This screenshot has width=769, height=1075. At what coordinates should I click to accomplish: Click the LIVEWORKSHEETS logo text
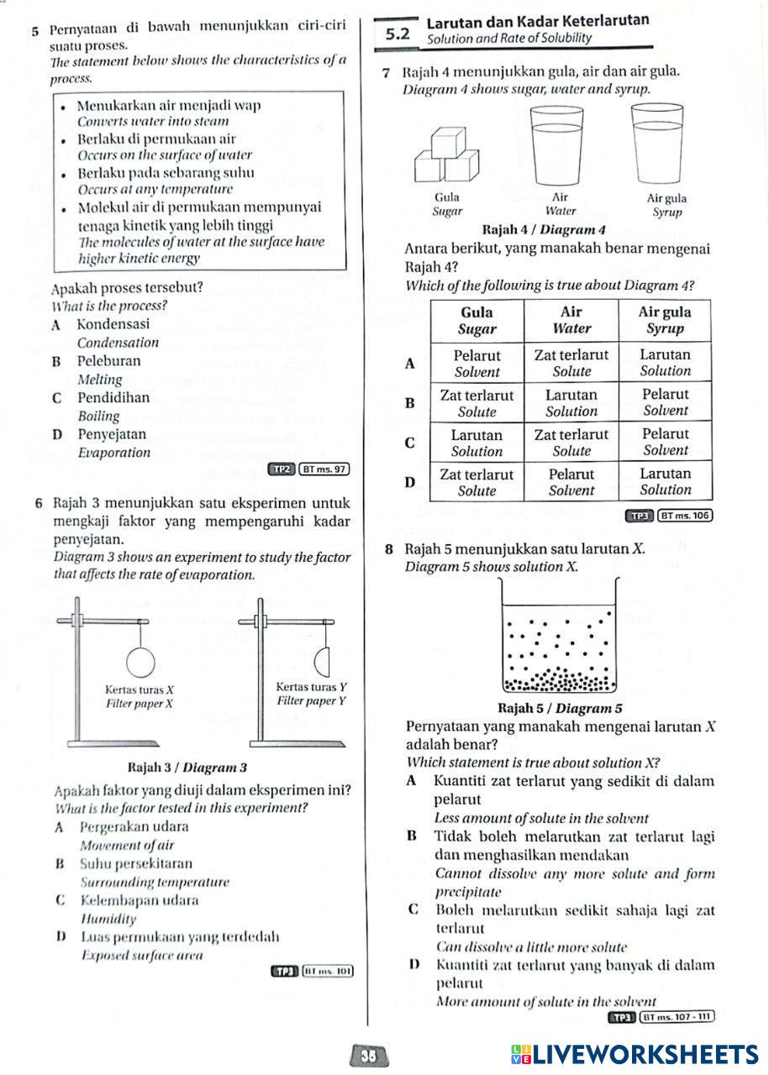634,1055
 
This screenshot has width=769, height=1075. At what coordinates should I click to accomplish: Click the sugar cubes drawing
445,156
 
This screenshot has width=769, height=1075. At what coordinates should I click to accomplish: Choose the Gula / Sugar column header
477,320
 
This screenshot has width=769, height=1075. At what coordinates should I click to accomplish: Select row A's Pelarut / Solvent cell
477,363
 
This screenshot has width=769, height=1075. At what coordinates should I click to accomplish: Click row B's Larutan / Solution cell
571,403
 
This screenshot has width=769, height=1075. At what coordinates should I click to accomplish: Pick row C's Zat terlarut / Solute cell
571,443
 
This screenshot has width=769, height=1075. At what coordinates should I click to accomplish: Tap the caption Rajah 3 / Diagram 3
186,767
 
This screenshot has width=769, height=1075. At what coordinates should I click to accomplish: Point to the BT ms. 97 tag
324,469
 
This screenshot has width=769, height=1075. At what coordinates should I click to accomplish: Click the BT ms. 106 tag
685,515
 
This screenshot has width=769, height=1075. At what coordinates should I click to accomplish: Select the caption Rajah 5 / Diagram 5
560,708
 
